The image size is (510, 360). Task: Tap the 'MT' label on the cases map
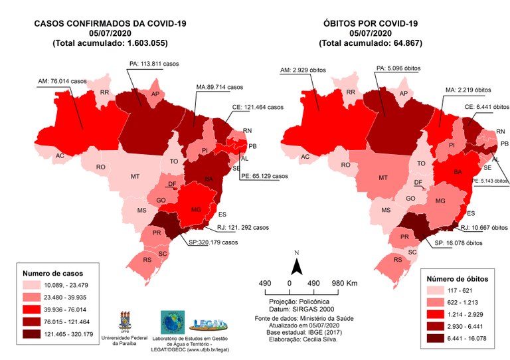pos(135,177)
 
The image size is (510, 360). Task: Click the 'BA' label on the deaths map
pos(458,171)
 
